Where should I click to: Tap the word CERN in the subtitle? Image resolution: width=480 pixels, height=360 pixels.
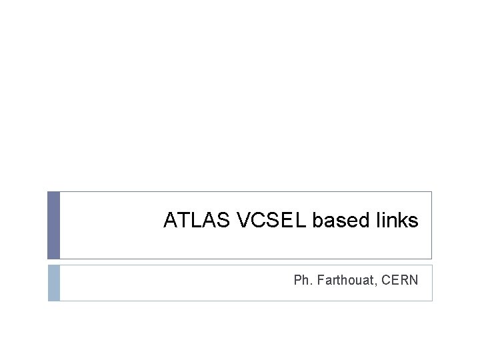point(402,280)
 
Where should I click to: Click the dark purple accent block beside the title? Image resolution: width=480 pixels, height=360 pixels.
point(53,225)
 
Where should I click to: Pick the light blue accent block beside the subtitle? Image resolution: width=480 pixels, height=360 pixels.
point(53,283)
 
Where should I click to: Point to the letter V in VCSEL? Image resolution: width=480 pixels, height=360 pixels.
point(243,221)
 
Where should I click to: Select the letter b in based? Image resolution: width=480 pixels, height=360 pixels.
point(317,221)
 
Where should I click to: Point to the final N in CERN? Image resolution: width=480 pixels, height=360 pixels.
point(414,280)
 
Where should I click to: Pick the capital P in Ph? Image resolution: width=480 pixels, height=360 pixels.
point(297,280)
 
